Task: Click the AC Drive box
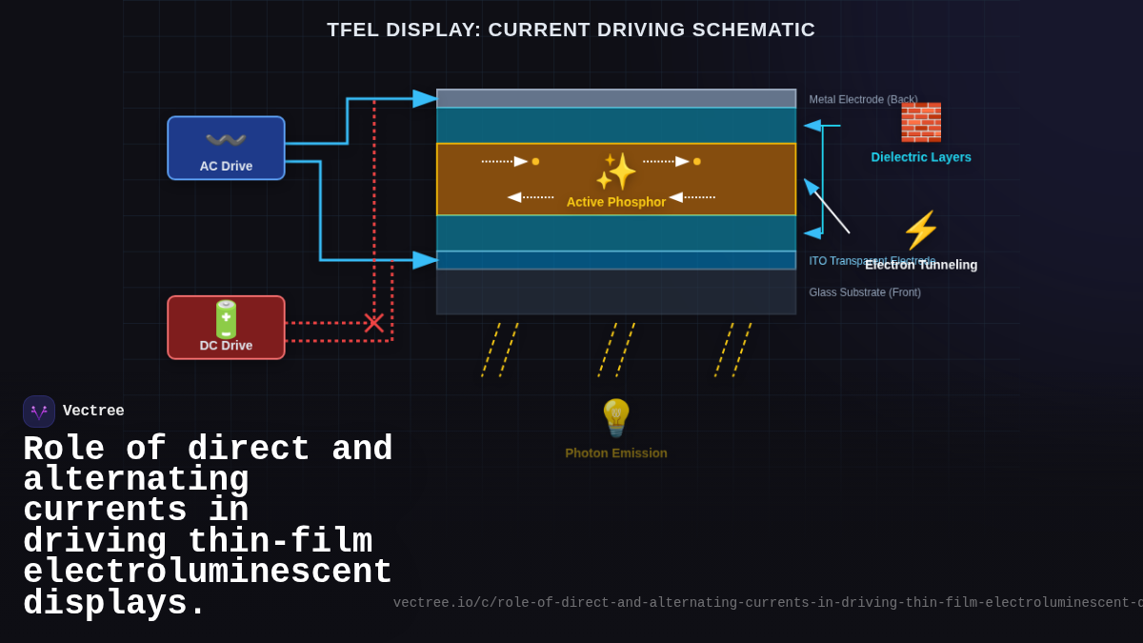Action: click(226, 148)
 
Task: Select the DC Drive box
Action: click(226, 327)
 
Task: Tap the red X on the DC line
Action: click(374, 323)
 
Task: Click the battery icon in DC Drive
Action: click(226, 319)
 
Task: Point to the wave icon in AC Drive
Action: click(226, 140)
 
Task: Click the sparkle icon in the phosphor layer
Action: click(615, 171)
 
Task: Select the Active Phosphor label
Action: click(616, 202)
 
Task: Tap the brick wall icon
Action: click(920, 123)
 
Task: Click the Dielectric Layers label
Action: click(921, 157)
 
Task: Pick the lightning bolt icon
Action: click(920, 231)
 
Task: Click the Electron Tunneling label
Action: click(921, 265)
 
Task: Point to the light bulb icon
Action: click(616, 418)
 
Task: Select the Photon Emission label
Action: click(616, 453)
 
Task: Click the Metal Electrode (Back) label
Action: click(863, 99)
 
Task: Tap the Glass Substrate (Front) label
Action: click(865, 292)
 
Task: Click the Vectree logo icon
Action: click(39, 412)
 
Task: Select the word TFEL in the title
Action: click(355, 30)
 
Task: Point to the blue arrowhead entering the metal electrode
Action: click(425, 98)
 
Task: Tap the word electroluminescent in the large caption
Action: click(208, 573)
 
